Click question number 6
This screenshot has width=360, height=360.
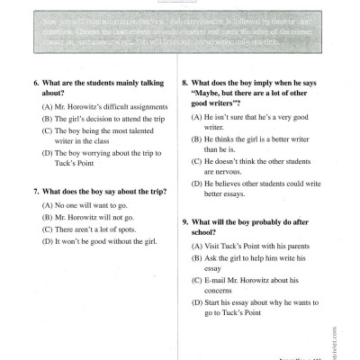(37, 84)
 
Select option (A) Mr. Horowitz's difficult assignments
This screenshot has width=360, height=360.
(94, 107)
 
